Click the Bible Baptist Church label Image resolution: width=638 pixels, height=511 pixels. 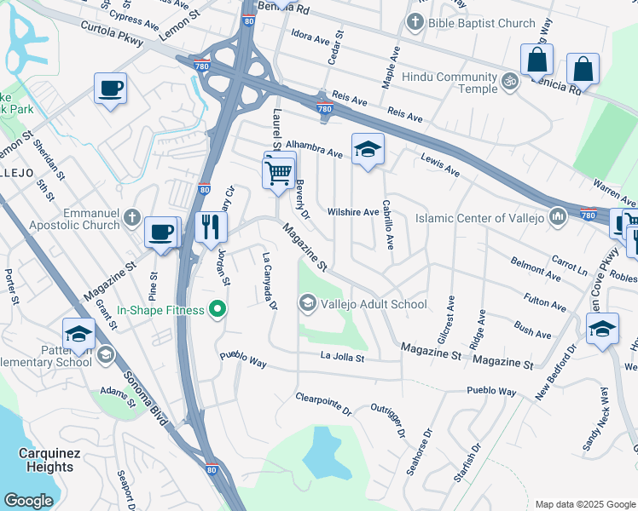[x=483, y=23]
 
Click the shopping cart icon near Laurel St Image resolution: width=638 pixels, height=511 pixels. [x=279, y=173]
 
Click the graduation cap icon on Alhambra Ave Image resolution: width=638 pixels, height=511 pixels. [x=368, y=150]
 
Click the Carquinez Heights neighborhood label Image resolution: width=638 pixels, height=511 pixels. [x=49, y=460]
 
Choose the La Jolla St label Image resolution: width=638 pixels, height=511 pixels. [x=343, y=358]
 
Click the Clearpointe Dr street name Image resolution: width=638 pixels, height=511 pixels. [x=324, y=403]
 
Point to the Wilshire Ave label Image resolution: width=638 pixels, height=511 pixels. [x=353, y=212]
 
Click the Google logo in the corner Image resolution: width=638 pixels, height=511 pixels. [x=28, y=501]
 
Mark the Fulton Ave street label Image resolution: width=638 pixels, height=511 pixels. [x=545, y=300]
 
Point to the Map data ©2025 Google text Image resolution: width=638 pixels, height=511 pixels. [x=584, y=504]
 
